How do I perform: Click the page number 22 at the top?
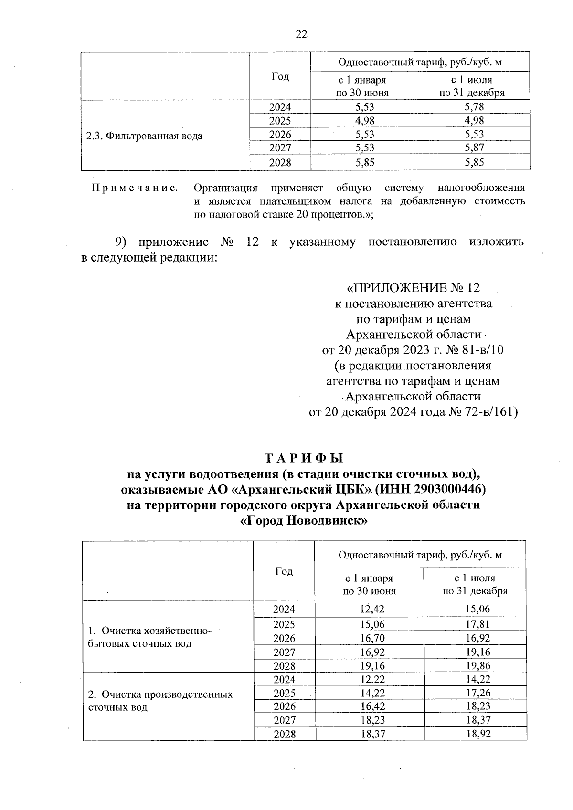coord(301,34)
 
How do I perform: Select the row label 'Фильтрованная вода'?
coord(144,136)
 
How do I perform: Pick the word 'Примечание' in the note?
coord(135,188)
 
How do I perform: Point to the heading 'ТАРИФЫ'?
coord(304,458)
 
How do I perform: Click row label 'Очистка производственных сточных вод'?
coord(160,700)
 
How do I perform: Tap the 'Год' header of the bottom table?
coord(284,571)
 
